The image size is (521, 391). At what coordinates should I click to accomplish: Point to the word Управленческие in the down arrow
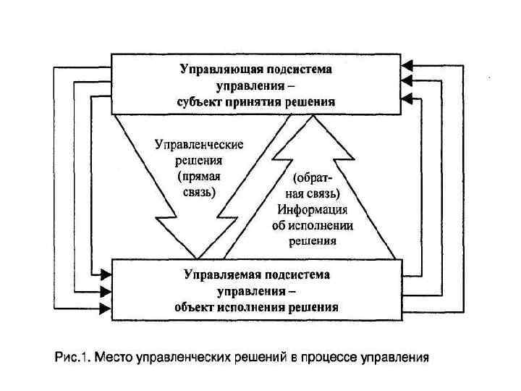click(x=199, y=144)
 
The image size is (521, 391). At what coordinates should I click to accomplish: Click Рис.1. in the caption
click(x=71, y=356)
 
